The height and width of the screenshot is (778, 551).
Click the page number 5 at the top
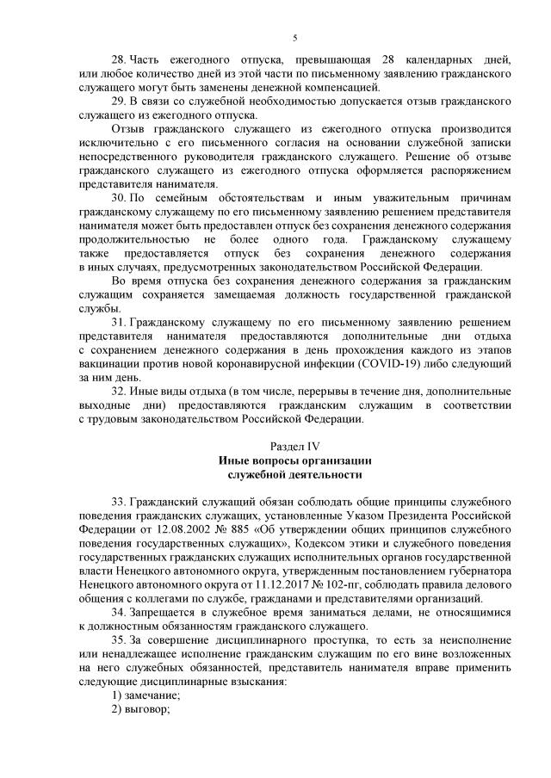(x=294, y=37)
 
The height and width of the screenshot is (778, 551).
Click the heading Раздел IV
(x=294, y=446)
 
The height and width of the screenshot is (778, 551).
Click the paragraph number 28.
(x=121, y=59)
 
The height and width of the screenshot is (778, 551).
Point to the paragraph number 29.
(x=121, y=101)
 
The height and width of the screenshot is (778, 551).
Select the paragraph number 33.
(x=121, y=502)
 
